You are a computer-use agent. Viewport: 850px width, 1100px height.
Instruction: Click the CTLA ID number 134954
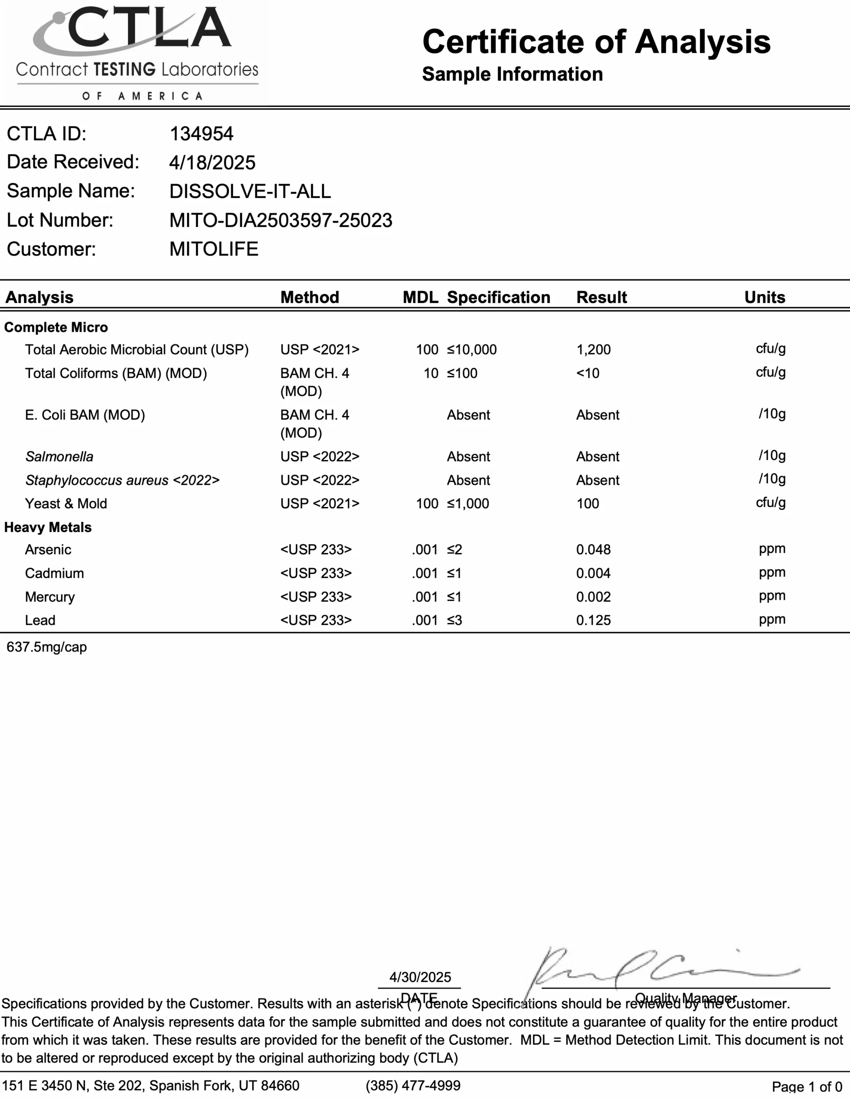[x=202, y=134]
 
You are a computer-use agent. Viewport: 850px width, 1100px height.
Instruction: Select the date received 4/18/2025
[x=212, y=163]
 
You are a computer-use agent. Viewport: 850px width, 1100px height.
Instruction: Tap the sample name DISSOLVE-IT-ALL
[x=250, y=191]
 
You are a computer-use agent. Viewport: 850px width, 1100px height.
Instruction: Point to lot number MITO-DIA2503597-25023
[x=281, y=220]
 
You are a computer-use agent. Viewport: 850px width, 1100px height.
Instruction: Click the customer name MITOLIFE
[x=214, y=249]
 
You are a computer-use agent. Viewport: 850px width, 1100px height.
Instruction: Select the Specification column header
[x=498, y=297]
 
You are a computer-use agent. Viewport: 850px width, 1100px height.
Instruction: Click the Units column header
[x=764, y=297]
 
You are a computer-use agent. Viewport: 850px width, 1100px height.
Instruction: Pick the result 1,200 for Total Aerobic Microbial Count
[x=593, y=349]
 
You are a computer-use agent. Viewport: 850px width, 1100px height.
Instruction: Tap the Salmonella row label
[x=59, y=457]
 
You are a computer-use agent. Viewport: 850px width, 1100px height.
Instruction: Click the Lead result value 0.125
[x=593, y=620]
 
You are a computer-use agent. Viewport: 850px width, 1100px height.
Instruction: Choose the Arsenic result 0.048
[x=593, y=550]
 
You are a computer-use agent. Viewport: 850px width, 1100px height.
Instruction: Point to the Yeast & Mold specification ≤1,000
[x=468, y=504]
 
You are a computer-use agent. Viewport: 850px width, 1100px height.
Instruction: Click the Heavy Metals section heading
[x=48, y=527]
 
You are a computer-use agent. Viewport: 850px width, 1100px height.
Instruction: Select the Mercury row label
[x=50, y=597]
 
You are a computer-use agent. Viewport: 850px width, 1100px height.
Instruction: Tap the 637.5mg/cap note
[x=47, y=647]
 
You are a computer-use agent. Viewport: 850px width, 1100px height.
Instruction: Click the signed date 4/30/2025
[x=420, y=977]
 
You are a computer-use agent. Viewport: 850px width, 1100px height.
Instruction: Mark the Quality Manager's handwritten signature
[x=655, y=969]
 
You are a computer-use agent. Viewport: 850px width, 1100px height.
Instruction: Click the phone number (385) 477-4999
[x=413, y=1085]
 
